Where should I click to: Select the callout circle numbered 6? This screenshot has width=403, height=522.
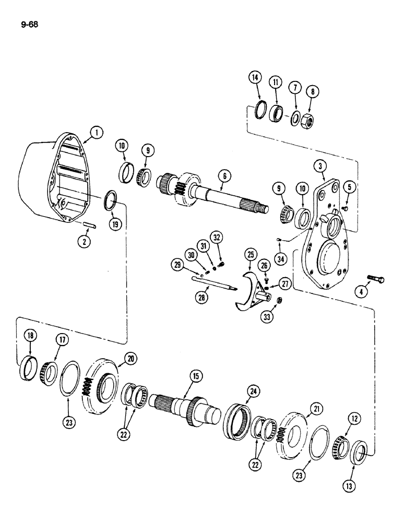click(x=223, y=177)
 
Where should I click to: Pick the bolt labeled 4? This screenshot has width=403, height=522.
click(x=376, y=279)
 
